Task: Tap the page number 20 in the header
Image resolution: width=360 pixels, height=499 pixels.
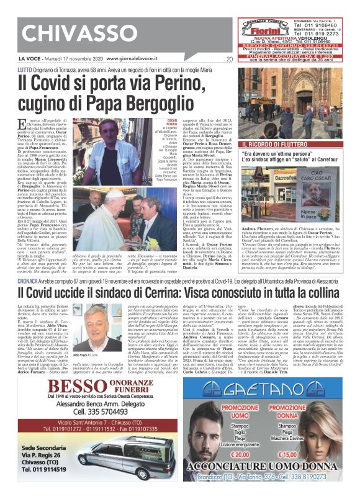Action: click(230, 60)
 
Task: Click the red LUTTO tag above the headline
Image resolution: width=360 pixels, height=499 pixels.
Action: click(25, 70)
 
